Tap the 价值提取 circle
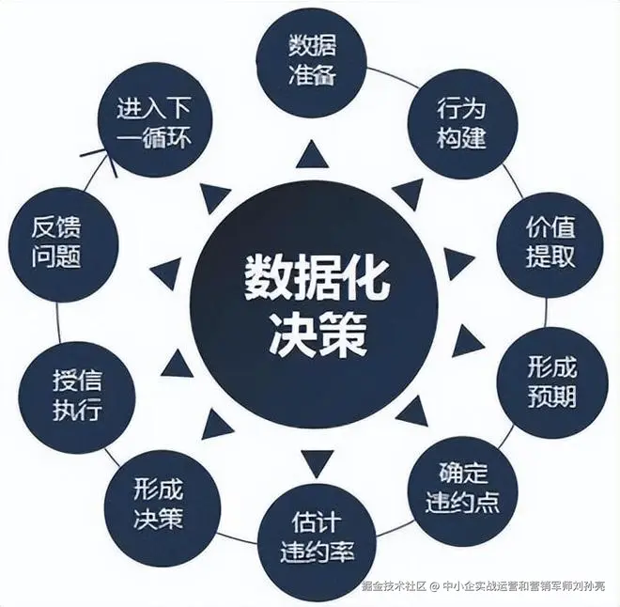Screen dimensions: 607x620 point(550,241)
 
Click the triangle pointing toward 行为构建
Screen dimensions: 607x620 point(407,195)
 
